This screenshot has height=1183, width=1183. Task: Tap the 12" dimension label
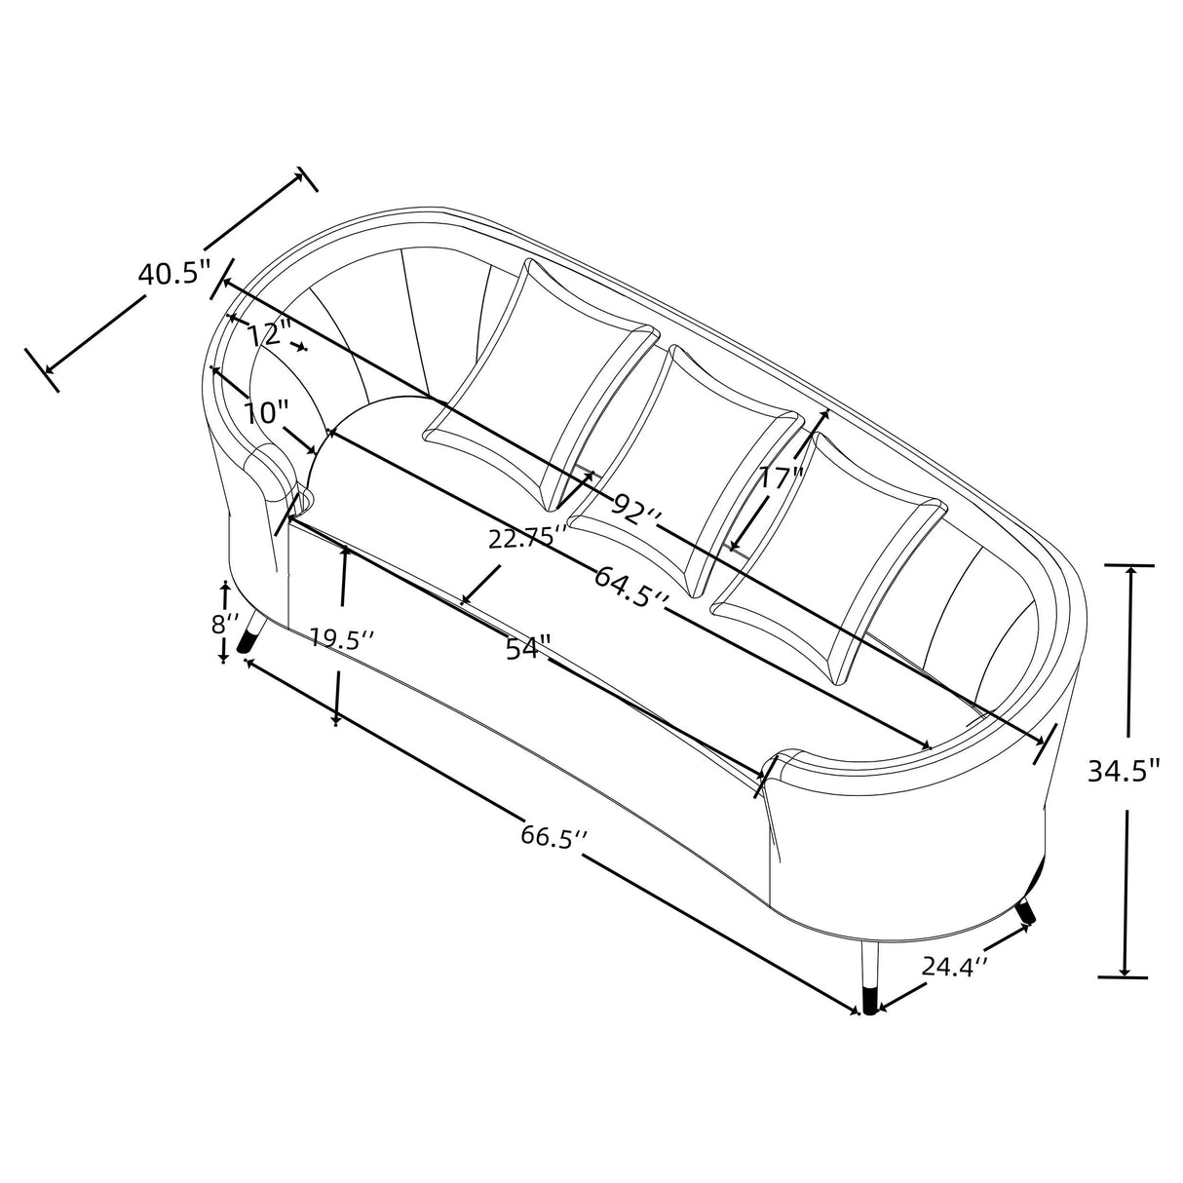pos(270,334)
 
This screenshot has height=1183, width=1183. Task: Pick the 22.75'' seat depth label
pos(528,539)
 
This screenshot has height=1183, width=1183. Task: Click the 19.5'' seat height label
pos(342,638)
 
